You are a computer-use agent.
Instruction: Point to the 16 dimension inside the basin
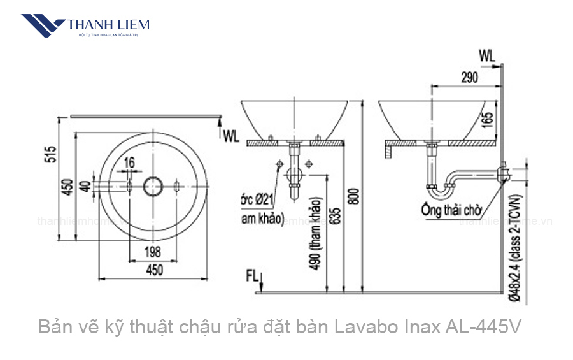[x=130, y=163]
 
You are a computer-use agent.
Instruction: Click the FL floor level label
[x=252, y=275]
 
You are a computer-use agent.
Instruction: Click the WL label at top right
[x=487, y=55]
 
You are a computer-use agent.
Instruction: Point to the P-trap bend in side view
[x=439, y=186]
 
